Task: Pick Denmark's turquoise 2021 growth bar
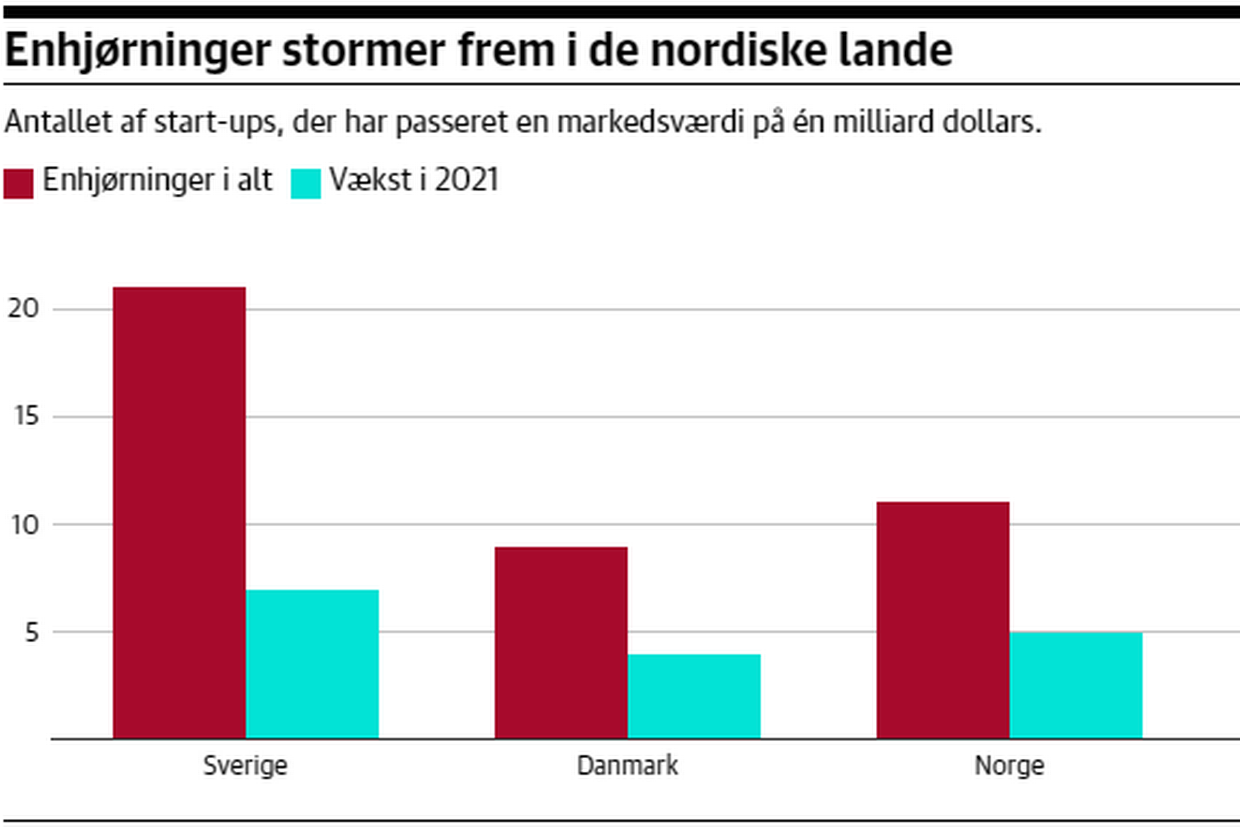[x=694, y=696]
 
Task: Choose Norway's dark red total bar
[x=943, y=620]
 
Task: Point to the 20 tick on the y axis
[x=24, y=309]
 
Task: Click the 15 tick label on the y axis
[x=26, y=416]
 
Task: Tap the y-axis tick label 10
[x=25, y=525]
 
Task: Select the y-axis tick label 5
[x=31, y=632]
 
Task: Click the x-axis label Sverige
[x=245, y=766]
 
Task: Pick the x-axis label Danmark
[x=627, y=766]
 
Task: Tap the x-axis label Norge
[x=1009, y=766]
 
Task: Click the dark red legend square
[x=18, y=184]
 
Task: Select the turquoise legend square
[x=306, y=184]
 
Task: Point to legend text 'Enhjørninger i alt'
[x=157, y=180]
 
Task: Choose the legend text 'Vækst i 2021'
[x=414, y=180]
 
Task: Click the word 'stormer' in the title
[x=364, y=50]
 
